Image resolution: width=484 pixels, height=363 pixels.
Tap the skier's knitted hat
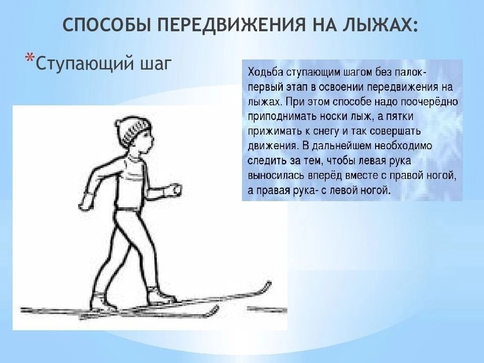133,130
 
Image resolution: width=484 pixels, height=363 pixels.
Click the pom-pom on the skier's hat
119,123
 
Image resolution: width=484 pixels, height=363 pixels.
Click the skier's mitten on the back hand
86,201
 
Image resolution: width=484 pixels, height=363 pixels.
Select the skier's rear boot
103,301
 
